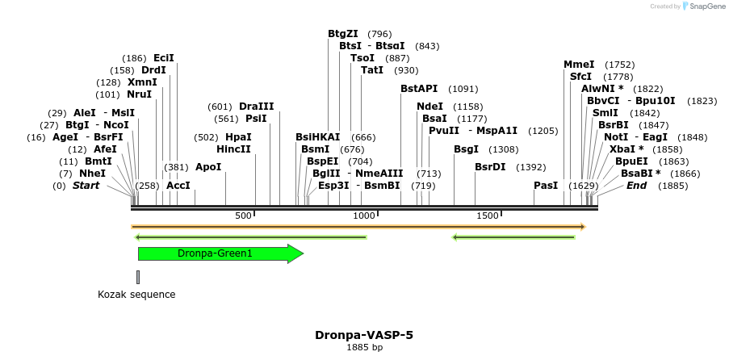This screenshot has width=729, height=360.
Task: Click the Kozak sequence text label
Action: coord(136,295)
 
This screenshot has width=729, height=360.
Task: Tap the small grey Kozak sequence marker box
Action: coord(138,277)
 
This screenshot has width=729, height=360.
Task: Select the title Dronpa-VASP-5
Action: coord(364,334)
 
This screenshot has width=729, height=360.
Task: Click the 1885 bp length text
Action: coord(364,348)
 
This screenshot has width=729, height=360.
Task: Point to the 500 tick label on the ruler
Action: coord(243,216)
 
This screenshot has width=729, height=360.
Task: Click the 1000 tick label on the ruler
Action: coord(364,216)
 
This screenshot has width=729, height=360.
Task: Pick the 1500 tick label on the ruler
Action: coord(488,216)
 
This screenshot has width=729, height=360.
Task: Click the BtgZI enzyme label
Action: coord(343,34)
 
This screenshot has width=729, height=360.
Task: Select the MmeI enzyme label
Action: coord(579,65)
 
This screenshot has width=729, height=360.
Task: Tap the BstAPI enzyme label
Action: coord(419,89)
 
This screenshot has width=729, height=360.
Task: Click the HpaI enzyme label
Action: coord(238,137)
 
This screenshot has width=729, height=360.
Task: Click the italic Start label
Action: coord(87,186)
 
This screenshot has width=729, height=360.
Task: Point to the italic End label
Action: coord(637,186)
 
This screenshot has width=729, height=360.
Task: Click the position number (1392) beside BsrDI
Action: coord(531,167)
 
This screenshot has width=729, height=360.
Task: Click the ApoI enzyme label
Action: coord(208,167)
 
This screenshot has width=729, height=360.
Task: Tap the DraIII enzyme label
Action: coord(257,107)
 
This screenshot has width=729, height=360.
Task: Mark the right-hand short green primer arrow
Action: coord(513,237)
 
